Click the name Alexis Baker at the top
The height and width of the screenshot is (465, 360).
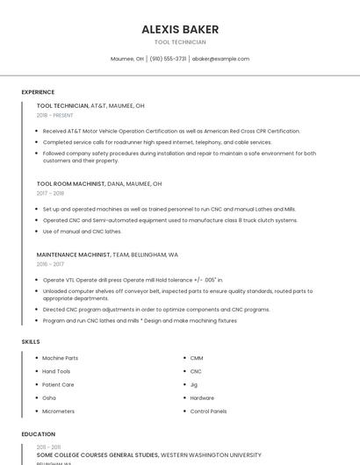[x=180, y=29]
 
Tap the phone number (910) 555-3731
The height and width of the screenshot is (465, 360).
[x=168, y=59]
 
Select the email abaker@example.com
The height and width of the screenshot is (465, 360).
[x=220, y=59]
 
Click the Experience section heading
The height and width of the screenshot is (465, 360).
[x=38, y=91]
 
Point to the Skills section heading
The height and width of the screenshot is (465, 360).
[x=31, y=340]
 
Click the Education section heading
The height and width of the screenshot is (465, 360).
[x=38, y=433]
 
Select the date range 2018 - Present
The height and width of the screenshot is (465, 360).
[x=56, y=115]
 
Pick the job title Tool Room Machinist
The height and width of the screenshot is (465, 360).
[x=70, y=184]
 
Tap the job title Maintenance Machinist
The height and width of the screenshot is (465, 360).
[x=73, y=254]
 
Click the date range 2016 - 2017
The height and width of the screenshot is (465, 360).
[x=50, y=263]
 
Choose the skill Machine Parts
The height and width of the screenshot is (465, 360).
[x=60, y=358]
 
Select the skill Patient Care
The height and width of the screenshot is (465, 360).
[x=58, y=384]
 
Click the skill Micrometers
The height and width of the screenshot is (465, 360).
[x=58, y=411]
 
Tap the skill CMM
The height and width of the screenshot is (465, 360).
[x=197, y=358]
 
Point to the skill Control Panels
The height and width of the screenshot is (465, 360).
[x=208, y=411]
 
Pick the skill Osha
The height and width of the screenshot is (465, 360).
[x=49, y=397]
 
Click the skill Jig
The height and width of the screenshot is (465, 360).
[x=193, y=384]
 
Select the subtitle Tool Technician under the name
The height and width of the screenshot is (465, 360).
[x=180, y=42]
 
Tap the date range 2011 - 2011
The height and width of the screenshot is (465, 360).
[x=48, y=447]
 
